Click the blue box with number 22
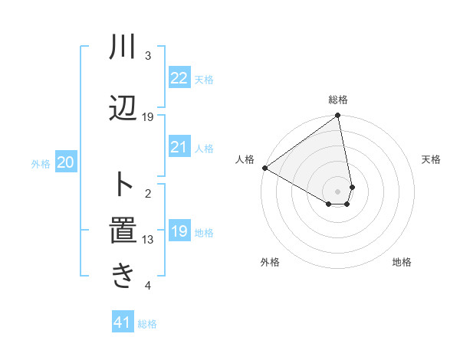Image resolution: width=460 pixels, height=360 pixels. click(179, 78)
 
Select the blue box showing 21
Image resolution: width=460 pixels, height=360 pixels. click(179, 147)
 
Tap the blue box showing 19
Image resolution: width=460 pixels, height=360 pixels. click(179, 231)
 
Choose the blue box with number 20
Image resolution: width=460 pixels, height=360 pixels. click(66, 162)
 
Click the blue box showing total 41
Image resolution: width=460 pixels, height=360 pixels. click(123, 322)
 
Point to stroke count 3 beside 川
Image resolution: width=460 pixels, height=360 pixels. click(148, 56)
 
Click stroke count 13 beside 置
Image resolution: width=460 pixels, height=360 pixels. click(148, 240)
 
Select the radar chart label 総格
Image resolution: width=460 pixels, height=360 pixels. click(338, 100)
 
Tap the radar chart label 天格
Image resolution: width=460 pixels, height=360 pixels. click(432, 159)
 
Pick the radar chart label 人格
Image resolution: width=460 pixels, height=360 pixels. click(245, 159)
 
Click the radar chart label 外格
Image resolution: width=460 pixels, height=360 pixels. click(269, 263)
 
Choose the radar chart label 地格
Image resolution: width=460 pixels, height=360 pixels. click(402, 263)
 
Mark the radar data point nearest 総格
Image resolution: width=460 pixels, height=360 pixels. click(338, 116)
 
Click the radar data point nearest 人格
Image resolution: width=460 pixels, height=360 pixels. click(264, 168)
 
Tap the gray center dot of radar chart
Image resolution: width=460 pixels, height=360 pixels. click(338, 191)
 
